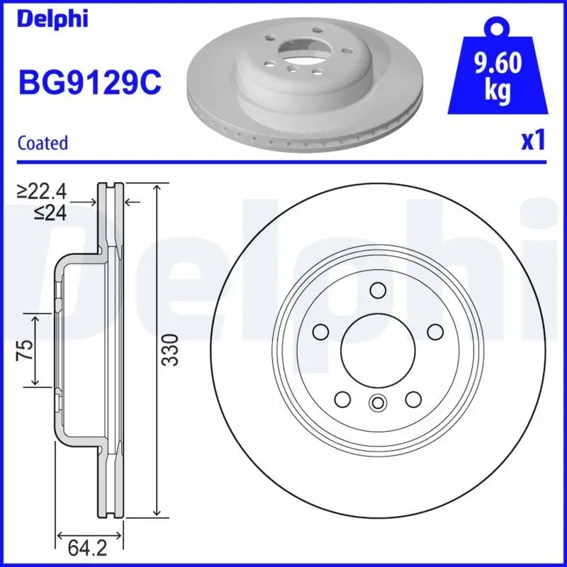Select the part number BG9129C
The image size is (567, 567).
click(x=89, y=84)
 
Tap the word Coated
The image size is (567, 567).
click(x=43, y=142)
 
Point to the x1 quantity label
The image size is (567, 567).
click(x=533, y=140)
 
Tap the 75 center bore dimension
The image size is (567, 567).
click(x=24, y=349)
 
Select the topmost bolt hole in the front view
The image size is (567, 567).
click(x=377, y=289)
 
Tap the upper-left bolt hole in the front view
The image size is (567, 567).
click(x=320, y=331)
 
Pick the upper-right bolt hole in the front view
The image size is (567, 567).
click(x=434, y=331)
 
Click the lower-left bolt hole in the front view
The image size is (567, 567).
click(x=342, y=399)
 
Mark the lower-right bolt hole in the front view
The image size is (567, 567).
click(x=412, y=399)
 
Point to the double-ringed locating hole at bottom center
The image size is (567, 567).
click(x=377, y=403)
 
